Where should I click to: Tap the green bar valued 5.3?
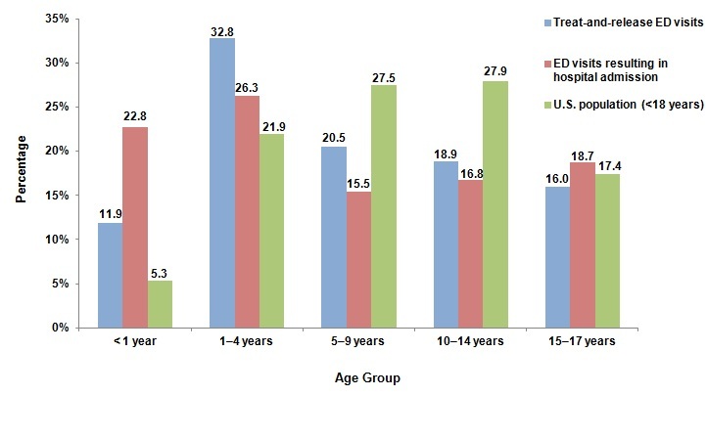(160, 304)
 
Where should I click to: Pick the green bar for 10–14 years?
(495, 204)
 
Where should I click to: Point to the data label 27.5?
(384, 76)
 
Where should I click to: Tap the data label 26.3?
(248, 87)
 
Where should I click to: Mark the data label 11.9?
(110, 214)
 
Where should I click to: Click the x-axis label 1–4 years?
(247, 341)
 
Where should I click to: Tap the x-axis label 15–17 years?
(583, 341)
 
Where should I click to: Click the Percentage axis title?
(21, 173)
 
